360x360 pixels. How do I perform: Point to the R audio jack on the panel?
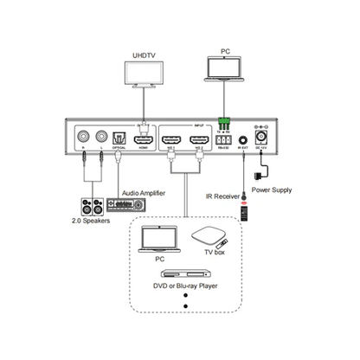click(84, 136)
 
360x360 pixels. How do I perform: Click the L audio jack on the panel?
click(101, 136)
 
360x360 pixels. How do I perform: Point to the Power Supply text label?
click(271, 187)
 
